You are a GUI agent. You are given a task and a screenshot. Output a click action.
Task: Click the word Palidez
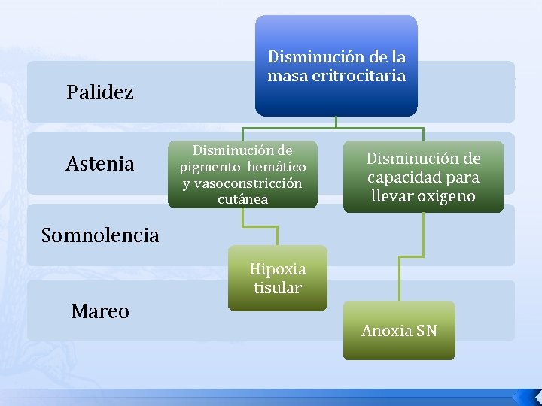point(100,92)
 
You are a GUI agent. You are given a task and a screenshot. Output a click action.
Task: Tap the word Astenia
point(100,163)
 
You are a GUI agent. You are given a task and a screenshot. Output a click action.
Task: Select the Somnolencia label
point(100,235)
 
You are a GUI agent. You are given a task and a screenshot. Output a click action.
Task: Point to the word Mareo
point(100,311)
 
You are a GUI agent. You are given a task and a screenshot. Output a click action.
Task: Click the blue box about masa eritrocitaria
point(336,66)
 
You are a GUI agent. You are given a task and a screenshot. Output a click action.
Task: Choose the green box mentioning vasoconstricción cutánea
point(242,174)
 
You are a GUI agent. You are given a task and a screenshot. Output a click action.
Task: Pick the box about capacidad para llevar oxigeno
point(423,177)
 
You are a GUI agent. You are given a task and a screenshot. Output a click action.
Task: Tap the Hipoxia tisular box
point(278,278)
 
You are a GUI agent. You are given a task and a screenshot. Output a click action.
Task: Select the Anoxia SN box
point(399,330)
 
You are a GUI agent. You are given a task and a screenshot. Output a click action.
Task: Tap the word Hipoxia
point(278,269)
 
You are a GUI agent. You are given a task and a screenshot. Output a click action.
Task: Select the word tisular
point(278,288)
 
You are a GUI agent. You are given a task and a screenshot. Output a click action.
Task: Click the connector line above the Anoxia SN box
point(399,256)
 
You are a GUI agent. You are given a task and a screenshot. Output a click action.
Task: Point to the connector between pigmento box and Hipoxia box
point(260,226)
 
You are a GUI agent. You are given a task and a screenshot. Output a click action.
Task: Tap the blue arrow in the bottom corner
point(525,396)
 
